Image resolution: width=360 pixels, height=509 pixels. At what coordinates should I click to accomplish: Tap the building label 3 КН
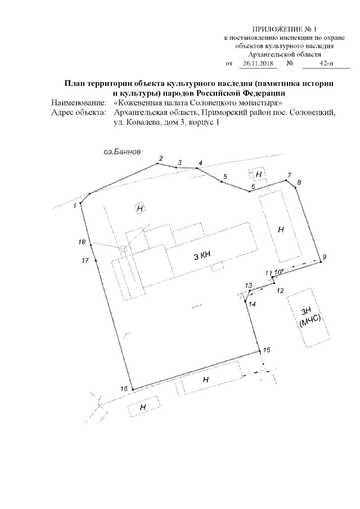click(202, 256)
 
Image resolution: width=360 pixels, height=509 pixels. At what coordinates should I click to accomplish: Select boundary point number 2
click(160, 158)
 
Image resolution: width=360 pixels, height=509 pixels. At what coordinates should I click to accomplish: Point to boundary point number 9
click(323, 257)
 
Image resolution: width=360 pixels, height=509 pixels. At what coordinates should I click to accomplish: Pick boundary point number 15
click(267, 350)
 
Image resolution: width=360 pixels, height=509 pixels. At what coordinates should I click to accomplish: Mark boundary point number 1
click(75, 206)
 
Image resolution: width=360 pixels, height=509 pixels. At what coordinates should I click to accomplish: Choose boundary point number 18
click(82, 242)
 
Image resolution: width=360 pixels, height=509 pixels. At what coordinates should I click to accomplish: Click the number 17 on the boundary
click(85, 260)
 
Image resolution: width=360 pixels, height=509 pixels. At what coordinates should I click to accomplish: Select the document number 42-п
click(326, 65)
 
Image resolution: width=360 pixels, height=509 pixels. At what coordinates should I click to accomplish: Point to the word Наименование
click(78, 103)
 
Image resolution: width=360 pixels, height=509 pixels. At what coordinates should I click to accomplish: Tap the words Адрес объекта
click(78, 112)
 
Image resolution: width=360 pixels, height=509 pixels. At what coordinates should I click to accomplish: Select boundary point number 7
click(290, 175)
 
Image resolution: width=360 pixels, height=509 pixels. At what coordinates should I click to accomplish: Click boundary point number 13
click(248, 286)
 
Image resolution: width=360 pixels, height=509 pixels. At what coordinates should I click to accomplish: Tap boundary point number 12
click(281, 290)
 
